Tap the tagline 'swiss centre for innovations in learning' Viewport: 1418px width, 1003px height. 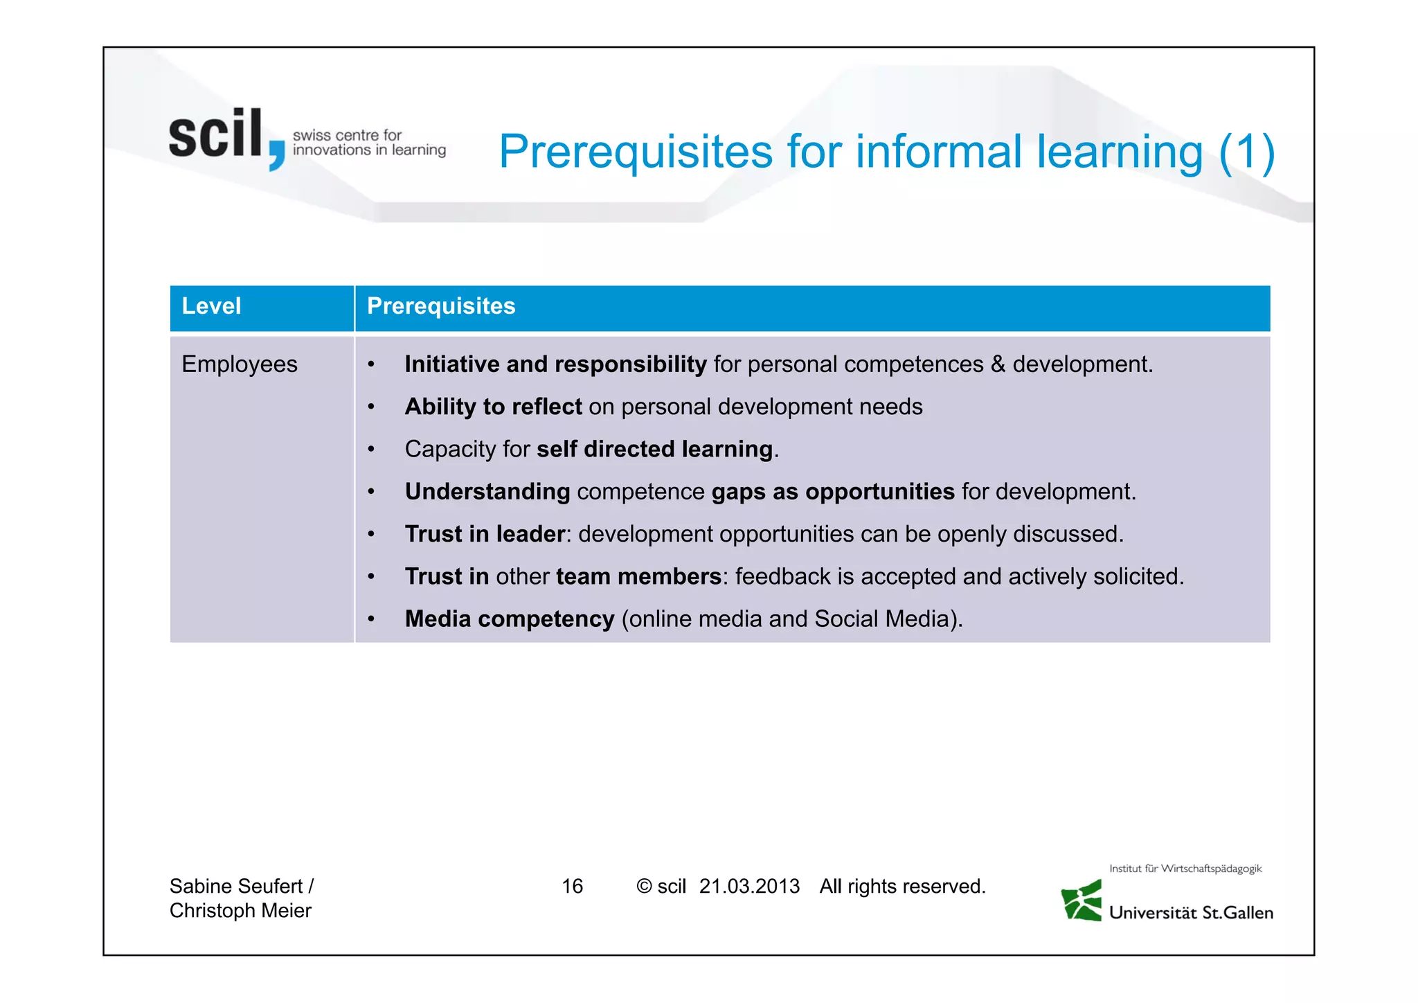368,143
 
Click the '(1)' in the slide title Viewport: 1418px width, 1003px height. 1246,152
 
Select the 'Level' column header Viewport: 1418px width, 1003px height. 211,306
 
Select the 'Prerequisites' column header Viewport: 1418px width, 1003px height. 441,306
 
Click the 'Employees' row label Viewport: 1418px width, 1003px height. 240,364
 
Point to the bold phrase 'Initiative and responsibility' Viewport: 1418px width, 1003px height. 555,364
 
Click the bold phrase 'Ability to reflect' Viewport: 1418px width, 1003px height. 493,407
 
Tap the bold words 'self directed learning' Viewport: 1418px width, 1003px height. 654,449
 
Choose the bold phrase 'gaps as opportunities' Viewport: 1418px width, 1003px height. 833,492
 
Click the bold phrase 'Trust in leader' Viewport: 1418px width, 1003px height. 485,534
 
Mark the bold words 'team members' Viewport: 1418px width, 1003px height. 638,576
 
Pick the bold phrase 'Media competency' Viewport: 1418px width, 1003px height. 510,619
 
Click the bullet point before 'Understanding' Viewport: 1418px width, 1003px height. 371,492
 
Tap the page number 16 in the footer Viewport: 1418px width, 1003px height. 572,887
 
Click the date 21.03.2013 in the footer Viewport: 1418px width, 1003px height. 749,887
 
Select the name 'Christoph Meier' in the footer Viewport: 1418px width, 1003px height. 240,911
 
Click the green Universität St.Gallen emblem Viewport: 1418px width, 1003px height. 1082,901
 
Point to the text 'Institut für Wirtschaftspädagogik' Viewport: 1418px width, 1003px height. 1185,869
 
